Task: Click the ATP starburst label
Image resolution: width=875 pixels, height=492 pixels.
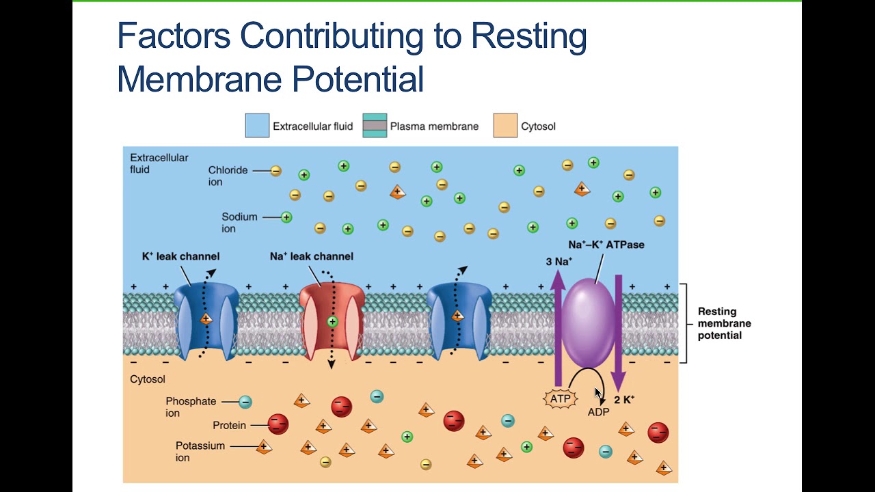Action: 561,398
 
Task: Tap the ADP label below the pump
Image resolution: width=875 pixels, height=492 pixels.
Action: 598,412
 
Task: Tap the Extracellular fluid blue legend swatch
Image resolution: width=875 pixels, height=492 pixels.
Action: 257,126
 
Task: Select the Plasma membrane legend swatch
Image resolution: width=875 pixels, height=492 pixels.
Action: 375,126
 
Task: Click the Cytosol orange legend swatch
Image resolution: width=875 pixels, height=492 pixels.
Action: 505,126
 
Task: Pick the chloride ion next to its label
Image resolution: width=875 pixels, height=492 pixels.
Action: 275,171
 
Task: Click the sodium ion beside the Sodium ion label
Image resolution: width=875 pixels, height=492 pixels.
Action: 286,217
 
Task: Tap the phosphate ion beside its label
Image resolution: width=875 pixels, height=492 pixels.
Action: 245,402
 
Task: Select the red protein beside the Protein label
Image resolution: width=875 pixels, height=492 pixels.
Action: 278,425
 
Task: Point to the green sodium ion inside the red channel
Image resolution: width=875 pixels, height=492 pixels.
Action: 332,321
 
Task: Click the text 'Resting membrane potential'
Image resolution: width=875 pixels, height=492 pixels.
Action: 724,323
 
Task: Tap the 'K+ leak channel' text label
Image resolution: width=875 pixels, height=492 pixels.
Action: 180,256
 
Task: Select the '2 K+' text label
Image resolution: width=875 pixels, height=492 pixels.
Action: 624,400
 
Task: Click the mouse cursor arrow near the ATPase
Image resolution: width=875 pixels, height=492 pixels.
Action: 598,393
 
